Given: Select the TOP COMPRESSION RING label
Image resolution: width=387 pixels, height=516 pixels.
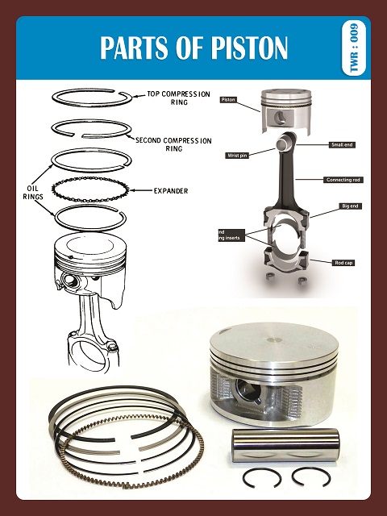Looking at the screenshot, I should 180,99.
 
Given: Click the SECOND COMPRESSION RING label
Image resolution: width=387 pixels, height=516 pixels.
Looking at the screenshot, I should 173,144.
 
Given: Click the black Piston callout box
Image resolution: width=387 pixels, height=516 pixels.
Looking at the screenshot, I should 228,100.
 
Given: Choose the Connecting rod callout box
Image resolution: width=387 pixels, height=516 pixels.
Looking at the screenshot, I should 345,179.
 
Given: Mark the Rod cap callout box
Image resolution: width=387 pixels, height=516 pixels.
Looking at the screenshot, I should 345,262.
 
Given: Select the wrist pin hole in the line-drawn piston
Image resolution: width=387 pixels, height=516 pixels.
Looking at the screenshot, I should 69,283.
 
